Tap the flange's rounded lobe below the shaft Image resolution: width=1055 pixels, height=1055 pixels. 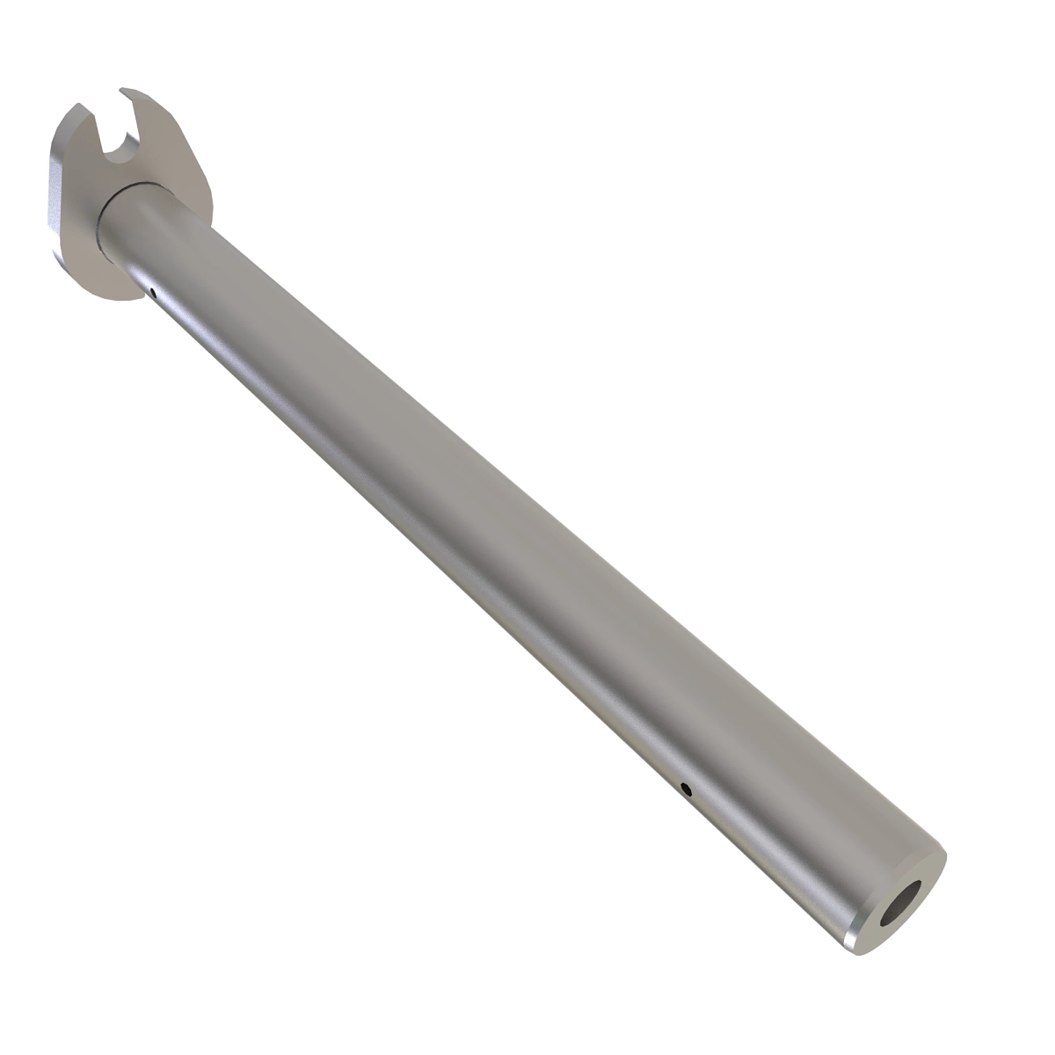(105, 273)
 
